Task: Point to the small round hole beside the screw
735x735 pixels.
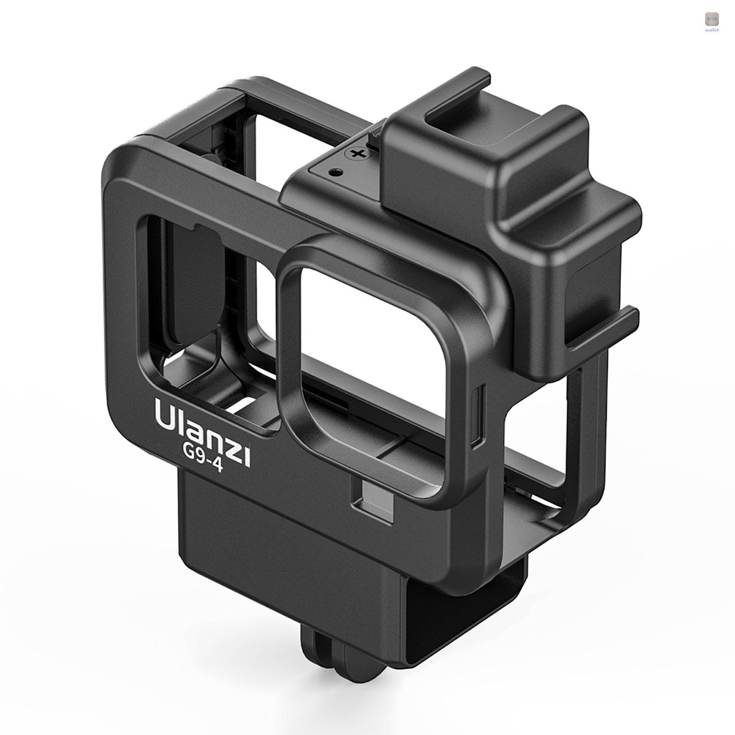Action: [x=334, y=172]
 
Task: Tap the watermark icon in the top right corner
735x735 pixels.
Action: [x=711, y=19]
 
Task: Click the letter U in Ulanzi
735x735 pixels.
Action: [x=164, y=414]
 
